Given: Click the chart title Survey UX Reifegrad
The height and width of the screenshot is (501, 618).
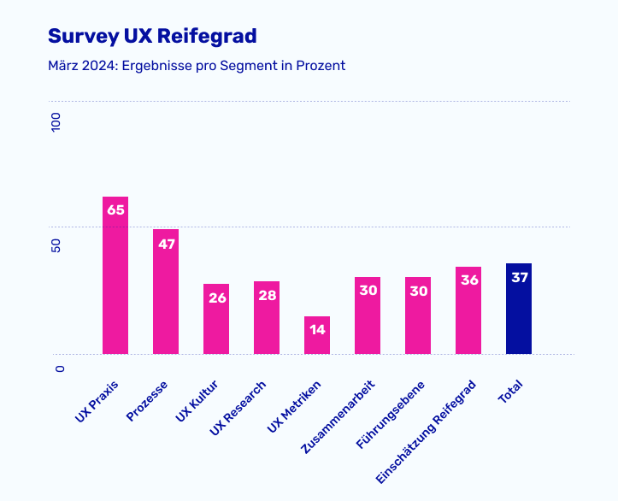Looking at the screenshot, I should coord(152,36).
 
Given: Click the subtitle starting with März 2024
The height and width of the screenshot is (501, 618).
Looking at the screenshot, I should coord(197,66).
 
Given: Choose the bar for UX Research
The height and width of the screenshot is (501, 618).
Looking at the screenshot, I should coord(267,321).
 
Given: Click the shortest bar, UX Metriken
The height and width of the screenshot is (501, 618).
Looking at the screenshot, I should coord(317,337).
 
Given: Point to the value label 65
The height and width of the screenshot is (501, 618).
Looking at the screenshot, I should coord(115,209).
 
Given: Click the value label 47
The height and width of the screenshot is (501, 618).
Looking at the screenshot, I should coord(166,243).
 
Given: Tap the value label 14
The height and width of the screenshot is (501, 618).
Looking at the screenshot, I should coord(317,329).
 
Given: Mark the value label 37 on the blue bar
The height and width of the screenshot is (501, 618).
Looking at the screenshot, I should coord(519,277).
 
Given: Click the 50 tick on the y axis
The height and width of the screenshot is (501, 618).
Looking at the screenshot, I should coord(57,245).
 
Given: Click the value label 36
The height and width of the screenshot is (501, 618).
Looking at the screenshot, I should coord(468,280).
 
